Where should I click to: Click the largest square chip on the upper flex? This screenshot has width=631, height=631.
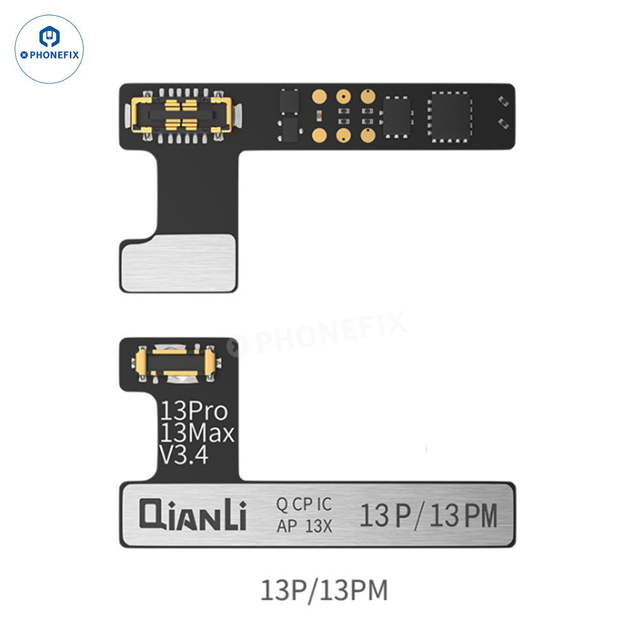pos(449,115)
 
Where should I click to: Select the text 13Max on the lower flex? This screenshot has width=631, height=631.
pos(196,434)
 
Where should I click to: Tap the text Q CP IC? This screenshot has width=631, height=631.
pos(304,504)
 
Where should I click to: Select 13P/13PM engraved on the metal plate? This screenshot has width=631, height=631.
pos(428,516)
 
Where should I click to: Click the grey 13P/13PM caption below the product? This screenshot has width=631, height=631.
pos(324,590)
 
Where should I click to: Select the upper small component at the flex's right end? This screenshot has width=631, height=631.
pos(502,101)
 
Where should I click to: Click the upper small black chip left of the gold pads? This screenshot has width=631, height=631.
pos(286,101)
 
